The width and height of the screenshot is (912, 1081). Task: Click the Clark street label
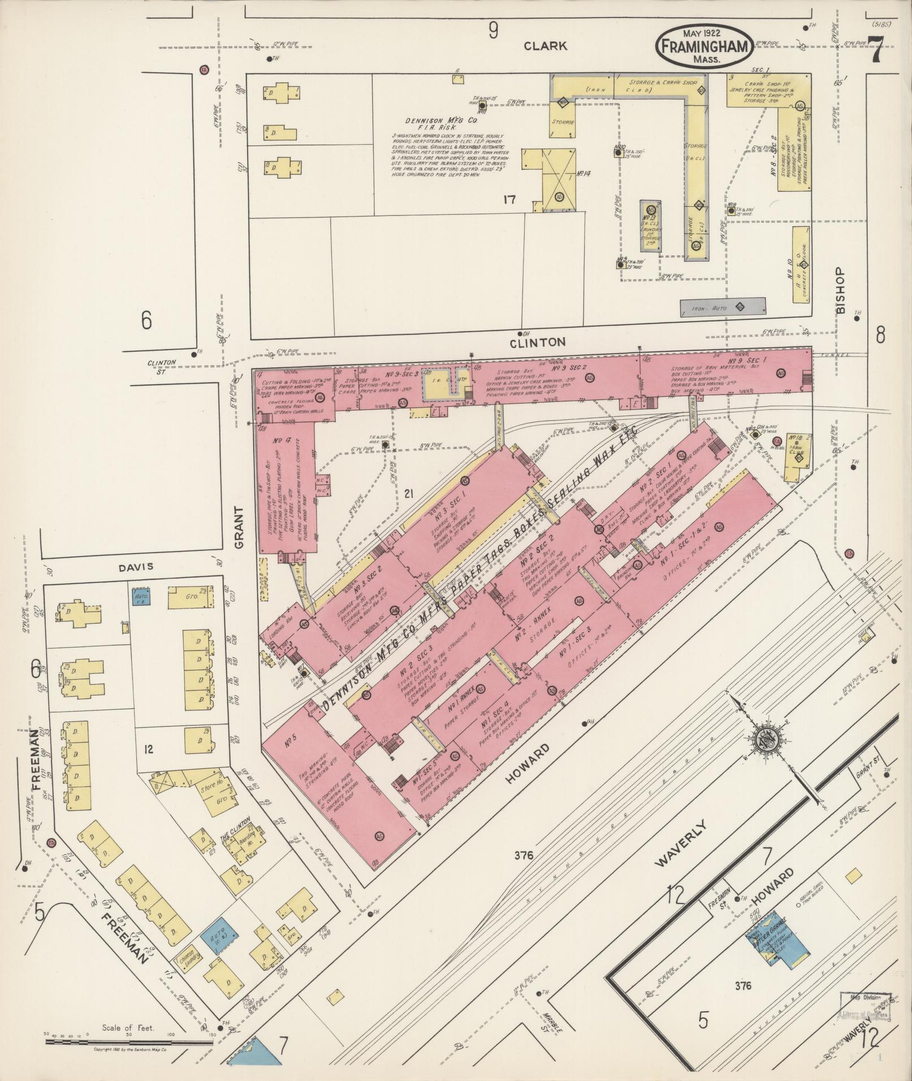(545, 46)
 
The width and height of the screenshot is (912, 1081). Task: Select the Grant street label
(239, 527)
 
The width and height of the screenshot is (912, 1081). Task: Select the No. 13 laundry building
(651, 225)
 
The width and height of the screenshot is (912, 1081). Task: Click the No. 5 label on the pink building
(292, 741)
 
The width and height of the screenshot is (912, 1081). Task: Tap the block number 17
(511, 199)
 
